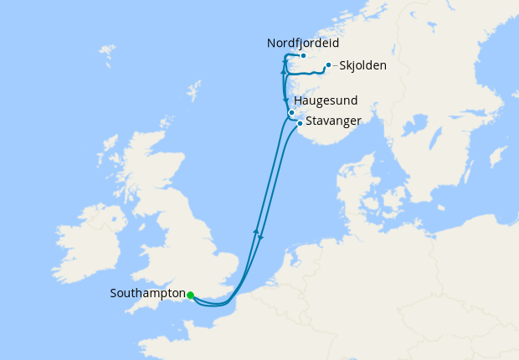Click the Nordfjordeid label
pos(305,43)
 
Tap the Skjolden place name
pos(363,65)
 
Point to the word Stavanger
pos(333,121)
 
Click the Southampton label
pos(147,294)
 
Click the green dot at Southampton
pos(191,295)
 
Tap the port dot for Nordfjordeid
pos(303,56)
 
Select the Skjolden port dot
pos(328,64)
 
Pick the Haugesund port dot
pos(291,112)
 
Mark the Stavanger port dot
pos(300,123)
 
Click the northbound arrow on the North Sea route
pos(256,229)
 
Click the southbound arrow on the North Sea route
pos(260,237)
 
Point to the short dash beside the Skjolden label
pos(336,65)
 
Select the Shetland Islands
pos(194,89)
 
